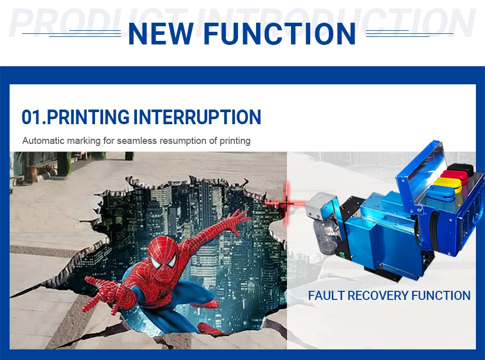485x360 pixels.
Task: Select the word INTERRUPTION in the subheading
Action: pyautogui.click(x=197, y=117)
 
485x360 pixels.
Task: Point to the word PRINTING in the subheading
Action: pyautogui.click(x=88, y=117)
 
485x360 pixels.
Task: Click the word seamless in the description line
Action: pyautogui.click(x=137, y=140)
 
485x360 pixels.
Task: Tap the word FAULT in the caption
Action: pyautogui.click(x=326, y=295)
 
